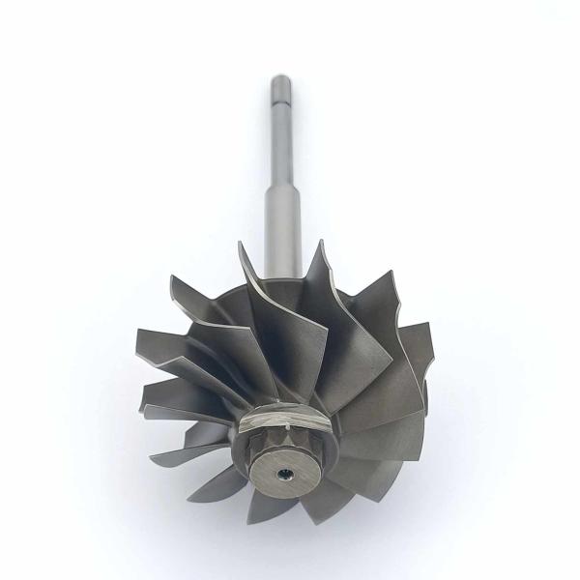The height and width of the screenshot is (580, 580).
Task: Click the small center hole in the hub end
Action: pos(285,474)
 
